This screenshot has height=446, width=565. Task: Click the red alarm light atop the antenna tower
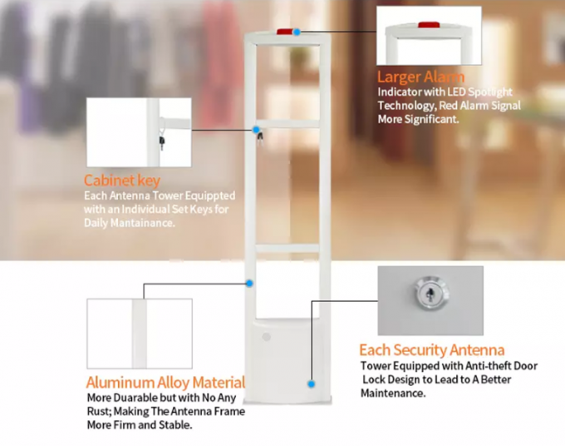tap(284, 32)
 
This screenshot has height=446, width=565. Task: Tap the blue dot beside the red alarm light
tap(297, 32)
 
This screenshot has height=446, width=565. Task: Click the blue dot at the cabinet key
tap(257, 130)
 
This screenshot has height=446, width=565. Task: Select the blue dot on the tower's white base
tap(311, 384)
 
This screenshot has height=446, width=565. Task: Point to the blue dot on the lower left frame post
tap(249, 284)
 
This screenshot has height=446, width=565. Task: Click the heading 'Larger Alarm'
tap(421, 77)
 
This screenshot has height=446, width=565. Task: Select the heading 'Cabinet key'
tap(122, 181)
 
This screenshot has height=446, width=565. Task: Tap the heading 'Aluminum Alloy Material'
tap(166, 383)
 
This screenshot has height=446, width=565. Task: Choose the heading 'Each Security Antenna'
tap(431, 350)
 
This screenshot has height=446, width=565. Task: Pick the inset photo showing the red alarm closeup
tap(429, 36)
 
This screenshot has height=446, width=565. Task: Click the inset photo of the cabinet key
tap(139, 131)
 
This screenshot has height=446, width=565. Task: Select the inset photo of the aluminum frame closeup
tap(139, 333)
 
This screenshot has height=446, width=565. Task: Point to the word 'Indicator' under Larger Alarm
tap(402, 92)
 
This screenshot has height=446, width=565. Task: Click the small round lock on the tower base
tap(267, 337)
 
